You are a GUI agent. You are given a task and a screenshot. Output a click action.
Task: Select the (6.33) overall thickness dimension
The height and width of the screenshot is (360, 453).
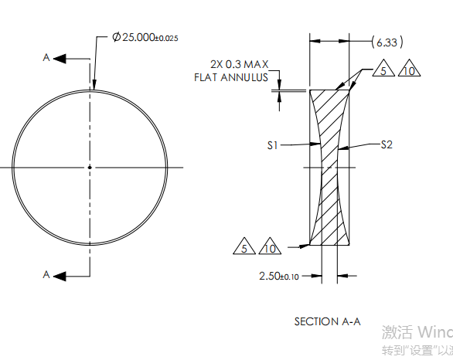[387, 41]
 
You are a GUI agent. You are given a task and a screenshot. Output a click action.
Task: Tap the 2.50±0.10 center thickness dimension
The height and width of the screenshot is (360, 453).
[278, 274]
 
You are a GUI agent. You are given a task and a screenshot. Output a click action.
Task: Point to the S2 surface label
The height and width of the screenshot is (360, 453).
[388, 144]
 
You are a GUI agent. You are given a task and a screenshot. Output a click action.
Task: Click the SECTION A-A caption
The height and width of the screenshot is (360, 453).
[327, 321]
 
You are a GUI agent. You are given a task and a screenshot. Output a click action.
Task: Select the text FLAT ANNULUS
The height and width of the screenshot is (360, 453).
[231, 77]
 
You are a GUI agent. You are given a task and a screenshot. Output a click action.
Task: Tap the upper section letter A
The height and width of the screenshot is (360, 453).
[47, 58]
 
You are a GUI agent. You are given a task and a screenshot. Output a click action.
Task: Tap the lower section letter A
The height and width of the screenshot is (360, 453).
[47, 273]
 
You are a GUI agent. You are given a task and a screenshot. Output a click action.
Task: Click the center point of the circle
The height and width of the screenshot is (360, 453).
[90, 167]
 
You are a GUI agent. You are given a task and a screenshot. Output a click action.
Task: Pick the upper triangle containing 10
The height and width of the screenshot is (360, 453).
[409, 71]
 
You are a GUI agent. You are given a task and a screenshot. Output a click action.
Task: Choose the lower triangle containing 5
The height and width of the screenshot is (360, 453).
[244, 248]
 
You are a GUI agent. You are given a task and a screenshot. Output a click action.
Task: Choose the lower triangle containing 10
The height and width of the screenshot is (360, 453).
[270, 248]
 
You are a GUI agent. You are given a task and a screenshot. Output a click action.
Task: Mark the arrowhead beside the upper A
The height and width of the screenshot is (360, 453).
[61, 58]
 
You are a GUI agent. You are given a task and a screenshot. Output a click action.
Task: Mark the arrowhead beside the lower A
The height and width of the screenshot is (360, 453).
[61, 273]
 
